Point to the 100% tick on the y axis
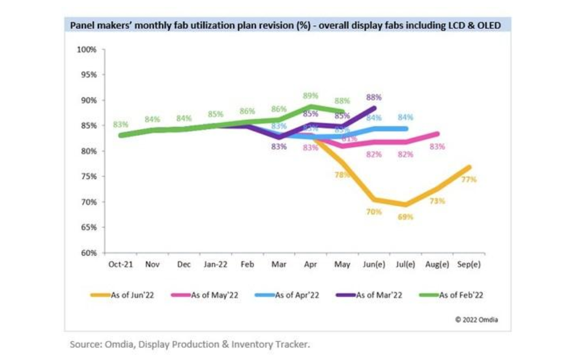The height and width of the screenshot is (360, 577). (86, 50)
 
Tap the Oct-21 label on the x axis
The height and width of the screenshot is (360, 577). (120, 264)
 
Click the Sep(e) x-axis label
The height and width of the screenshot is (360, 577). (468, 264)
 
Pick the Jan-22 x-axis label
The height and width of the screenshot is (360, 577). (215, 264)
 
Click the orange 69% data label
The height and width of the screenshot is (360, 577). (405, 217)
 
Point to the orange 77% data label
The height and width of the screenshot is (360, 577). (469, 179)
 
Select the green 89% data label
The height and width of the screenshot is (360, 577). (311, 96)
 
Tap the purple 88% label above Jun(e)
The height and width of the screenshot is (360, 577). (374, 98)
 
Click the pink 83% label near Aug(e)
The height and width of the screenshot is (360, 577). (437, 147)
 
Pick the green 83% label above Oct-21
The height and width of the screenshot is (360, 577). (120, 124)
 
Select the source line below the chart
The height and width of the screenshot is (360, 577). (190, 344)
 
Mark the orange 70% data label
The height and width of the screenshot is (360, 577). (374, 212)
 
